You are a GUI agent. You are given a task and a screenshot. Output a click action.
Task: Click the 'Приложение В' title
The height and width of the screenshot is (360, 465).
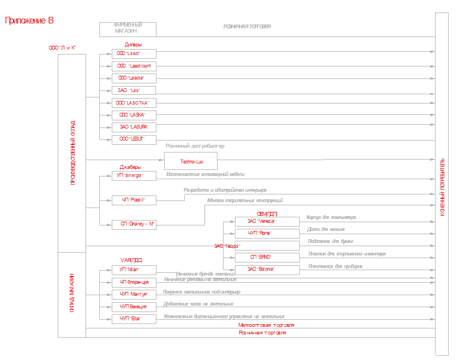pos(29,21)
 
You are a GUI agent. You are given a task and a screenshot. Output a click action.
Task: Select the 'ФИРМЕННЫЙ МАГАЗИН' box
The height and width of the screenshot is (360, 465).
pos(128,29)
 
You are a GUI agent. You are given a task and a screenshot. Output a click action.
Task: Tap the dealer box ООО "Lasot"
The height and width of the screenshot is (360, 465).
pos(134,54)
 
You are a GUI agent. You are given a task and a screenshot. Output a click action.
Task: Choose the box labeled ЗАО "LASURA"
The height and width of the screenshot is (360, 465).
pos(134,127)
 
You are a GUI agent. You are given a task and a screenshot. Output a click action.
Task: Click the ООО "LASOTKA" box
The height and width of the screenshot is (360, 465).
pos(134,103)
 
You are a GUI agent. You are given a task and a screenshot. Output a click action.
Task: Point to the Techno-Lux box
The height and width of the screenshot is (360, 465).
pos(191,161)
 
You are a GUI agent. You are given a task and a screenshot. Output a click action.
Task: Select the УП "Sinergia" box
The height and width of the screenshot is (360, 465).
pos(134,175)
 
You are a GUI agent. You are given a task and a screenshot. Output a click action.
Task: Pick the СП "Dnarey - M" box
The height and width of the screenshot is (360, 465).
pos(134,224)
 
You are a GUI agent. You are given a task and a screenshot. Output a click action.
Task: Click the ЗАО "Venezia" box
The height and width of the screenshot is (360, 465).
pos(267,221)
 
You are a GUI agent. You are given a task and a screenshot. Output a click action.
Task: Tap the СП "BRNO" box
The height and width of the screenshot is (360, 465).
pos(267,257)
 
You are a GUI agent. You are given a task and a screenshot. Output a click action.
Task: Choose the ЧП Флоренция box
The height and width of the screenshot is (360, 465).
pos(134,282)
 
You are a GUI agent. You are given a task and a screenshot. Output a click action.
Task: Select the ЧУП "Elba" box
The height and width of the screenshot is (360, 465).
pos(134,319)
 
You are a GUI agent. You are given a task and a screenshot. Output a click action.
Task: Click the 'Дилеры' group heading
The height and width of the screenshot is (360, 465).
pos(134,45)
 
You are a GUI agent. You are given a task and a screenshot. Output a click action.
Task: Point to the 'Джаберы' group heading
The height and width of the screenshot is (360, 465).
pos(130,167)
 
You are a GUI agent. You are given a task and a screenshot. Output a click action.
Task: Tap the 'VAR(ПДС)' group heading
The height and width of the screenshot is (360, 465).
pos(131,260)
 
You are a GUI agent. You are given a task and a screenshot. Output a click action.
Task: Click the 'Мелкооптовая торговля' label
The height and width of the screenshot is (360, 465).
pos(262,325)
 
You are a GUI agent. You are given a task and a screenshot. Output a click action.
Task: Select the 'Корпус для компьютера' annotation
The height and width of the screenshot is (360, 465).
pos(331,217)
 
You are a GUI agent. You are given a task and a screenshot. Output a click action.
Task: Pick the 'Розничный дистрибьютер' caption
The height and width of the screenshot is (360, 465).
pos(195,146)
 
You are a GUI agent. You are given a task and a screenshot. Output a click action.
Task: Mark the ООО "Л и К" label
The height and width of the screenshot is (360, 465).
pos(62,48)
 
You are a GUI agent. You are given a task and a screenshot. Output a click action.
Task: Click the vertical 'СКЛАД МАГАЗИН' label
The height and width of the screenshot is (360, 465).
pos(72,294)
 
